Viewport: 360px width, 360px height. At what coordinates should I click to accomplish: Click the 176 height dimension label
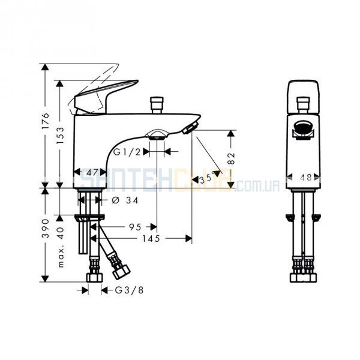coord(46,121)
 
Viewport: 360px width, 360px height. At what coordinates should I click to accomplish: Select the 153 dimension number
coord(61,136)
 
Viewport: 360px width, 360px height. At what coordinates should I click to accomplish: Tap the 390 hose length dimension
coord(46,228)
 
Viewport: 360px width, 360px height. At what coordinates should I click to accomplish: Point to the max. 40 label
coord(61,247)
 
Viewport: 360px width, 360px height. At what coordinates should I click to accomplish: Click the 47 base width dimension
coord(92,172)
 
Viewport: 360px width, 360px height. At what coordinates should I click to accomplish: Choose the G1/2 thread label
coord(127,152)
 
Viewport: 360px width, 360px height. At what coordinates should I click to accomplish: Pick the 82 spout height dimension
coord(232,158)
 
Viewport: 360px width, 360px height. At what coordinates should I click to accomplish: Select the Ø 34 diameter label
coord(125,200)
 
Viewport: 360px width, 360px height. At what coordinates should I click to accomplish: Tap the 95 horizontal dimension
coord(135,227)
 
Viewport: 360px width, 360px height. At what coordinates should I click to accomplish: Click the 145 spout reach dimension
coord(151,239)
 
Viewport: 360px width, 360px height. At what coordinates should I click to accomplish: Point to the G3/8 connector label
coord(129,290)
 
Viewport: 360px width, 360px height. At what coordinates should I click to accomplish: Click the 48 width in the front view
coord(306,178)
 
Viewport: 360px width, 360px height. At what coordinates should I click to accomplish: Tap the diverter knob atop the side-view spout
coord(157,105)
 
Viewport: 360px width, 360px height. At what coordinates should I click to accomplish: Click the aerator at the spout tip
coord(190,128)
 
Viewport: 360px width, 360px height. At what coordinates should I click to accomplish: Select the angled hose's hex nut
coord(122,272)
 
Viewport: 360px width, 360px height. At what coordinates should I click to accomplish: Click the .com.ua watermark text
coord(258,185)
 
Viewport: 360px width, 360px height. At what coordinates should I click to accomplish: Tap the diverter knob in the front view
coord(303,105)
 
